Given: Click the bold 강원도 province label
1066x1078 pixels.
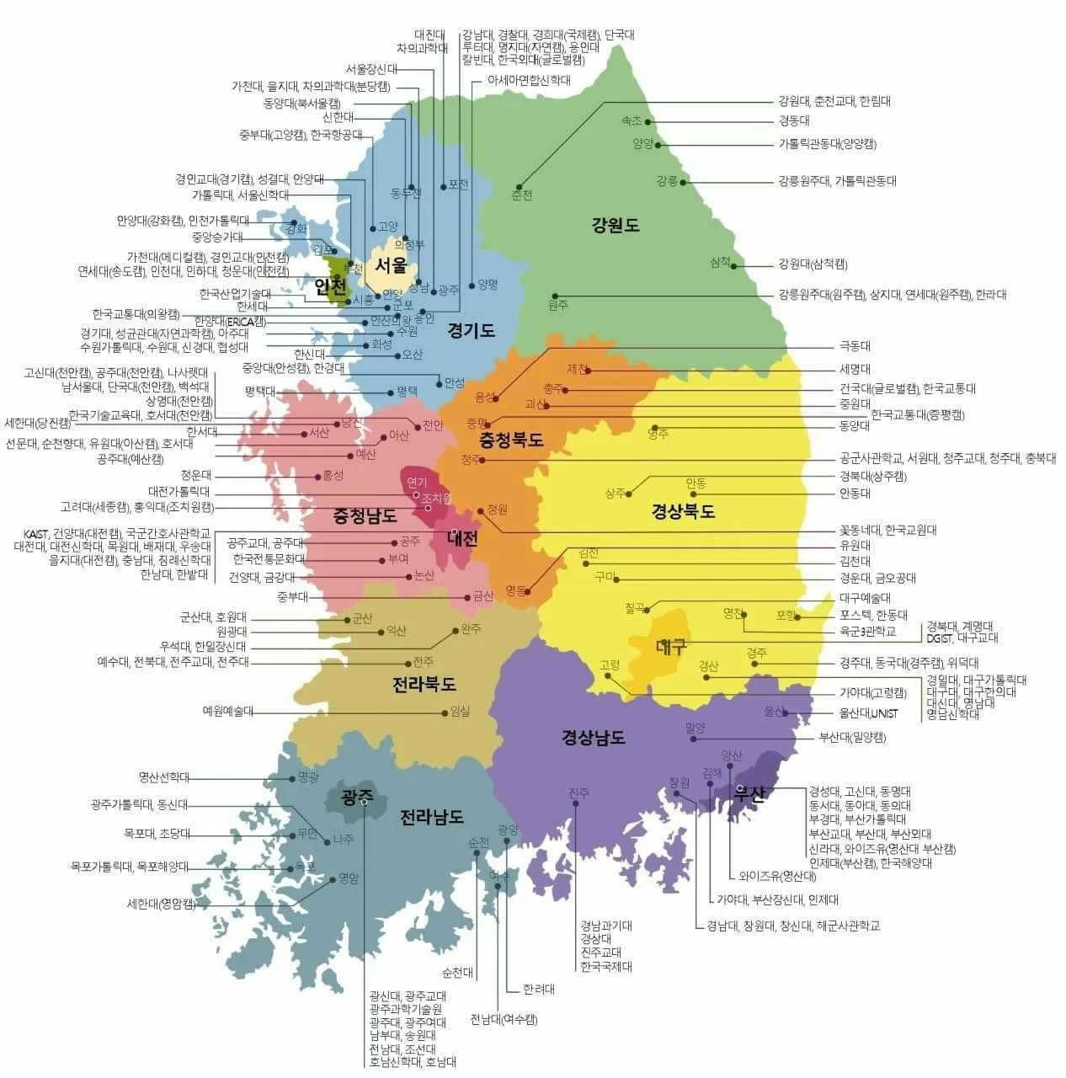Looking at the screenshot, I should [x=616, y=225].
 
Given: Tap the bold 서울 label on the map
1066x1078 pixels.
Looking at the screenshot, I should [x=391, y=265].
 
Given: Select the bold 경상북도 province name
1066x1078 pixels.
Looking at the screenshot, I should [x=683, y=511].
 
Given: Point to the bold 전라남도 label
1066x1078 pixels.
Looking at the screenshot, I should [x=431, y=817].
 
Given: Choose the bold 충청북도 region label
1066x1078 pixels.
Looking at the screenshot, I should [x=511, y=440].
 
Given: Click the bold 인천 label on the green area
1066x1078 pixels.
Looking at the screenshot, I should [x=331, y=286].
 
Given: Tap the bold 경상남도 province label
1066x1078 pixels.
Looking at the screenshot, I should [x=594, y=738].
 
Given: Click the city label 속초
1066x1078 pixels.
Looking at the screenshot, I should [x=632, y=121].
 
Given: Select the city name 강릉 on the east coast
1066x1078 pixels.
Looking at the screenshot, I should [x=667, y=181].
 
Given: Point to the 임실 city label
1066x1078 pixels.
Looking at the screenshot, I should [x=461, y=712].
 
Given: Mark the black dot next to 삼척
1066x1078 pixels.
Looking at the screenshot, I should [x=734, y=266].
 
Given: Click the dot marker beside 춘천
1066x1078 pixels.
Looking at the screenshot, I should [x=519, y=187].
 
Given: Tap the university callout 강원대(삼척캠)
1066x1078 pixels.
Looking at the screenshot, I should [x=813, y=265].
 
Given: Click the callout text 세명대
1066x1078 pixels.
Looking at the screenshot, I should [x=855, y=369].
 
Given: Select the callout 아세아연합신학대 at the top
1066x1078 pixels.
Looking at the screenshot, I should [x=529, y=81].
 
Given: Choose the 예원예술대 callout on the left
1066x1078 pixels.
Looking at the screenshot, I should [x=227, y=711].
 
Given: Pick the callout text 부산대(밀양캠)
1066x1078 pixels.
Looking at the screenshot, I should [x=852, y=738].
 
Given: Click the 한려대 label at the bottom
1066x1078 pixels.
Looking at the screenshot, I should [x=539, y=990].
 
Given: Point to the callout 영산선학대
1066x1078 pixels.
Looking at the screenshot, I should [x=164, y=777].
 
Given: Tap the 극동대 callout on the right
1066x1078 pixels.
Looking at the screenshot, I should [x=855, y=346].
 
